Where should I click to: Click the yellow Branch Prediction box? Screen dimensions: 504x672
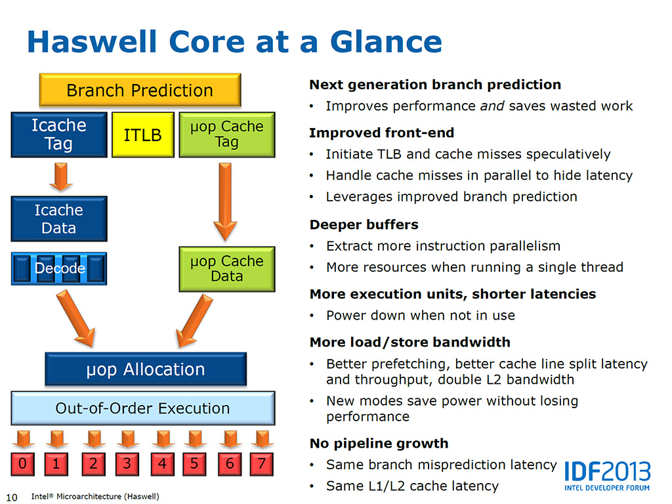point(140,91)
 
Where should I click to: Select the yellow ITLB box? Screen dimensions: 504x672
point(142,135)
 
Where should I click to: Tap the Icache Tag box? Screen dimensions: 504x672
point(58,135)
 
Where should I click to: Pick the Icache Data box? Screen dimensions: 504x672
point(58,219)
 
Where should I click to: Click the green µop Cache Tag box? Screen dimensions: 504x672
point(226,135)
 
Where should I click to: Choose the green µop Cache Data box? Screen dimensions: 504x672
point(226,268)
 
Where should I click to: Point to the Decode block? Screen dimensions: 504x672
point(59,268)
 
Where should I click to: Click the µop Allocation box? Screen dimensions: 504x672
point(146,369)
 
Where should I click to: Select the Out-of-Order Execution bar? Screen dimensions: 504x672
point(142,408)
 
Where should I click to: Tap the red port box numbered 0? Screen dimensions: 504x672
point(23,464)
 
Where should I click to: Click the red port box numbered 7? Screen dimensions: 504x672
point(262,464)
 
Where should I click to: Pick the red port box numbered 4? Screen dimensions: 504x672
point(162,464)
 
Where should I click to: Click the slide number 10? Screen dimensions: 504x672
point(11,495)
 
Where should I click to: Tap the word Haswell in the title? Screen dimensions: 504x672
point(92,42)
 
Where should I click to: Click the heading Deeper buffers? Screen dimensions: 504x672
point(364,224)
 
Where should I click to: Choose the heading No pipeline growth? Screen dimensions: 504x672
point(379,443)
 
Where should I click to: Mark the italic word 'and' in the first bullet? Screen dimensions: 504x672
point(492,106)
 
